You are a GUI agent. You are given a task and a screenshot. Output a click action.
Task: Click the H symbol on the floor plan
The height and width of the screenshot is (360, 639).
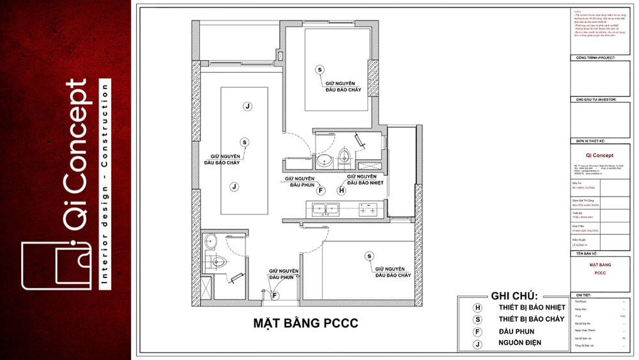341,191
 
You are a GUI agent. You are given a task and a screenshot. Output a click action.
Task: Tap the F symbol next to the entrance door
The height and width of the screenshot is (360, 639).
275,295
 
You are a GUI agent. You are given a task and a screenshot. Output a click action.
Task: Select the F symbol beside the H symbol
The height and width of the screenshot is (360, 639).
321,191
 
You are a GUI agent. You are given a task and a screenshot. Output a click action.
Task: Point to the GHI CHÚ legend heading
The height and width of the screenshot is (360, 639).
514,296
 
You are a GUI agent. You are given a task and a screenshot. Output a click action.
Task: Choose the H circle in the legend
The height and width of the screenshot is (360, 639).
477,308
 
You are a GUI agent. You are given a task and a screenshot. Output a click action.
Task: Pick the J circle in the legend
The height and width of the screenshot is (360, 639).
477,343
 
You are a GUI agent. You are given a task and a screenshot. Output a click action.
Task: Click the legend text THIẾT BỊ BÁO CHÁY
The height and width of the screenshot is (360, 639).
532,319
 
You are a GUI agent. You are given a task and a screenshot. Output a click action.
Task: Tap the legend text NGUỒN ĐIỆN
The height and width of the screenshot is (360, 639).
520,343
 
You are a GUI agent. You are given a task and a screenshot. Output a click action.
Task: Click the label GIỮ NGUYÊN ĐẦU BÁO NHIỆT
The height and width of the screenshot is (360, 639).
362,179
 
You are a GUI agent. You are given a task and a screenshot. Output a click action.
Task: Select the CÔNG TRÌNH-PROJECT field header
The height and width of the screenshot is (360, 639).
595,58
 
